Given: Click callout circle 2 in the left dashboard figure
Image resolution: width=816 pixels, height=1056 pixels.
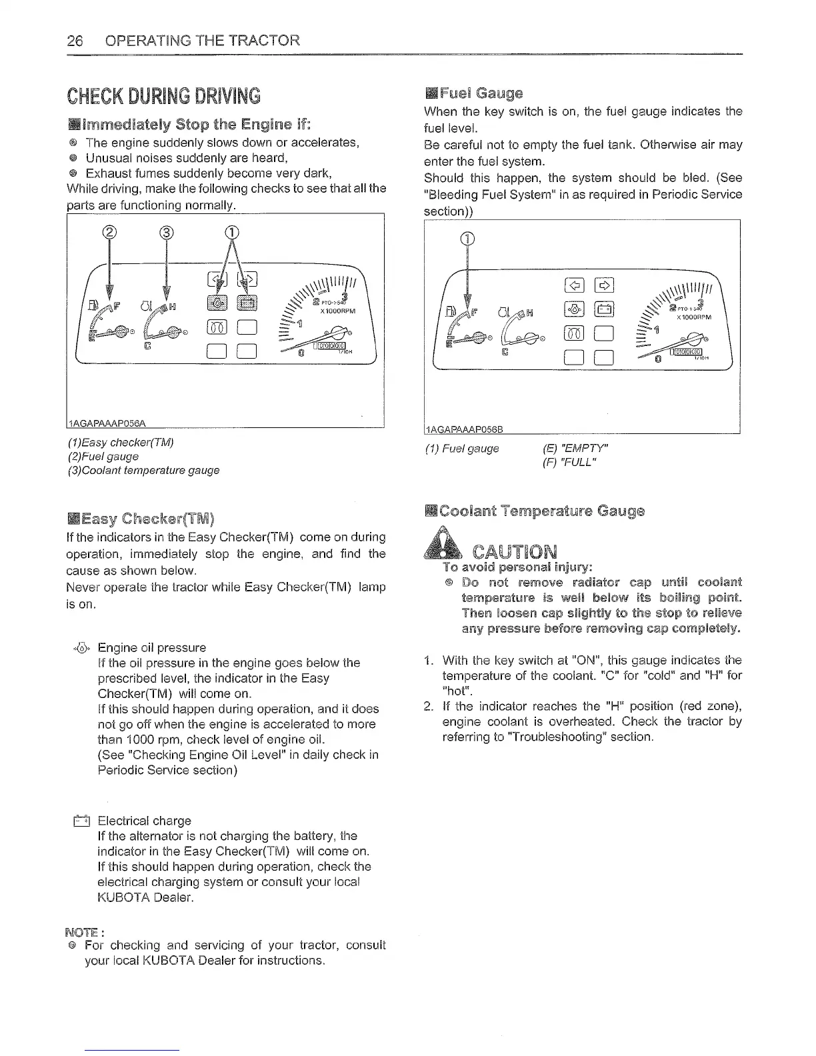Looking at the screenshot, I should click(110, 233).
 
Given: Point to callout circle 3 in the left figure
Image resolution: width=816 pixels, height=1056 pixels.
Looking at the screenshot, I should click(166, 233).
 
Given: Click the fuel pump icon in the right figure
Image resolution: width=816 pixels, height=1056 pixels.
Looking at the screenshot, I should click(453, 311).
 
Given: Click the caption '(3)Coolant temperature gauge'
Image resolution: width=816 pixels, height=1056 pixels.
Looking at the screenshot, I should click(143, 470).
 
